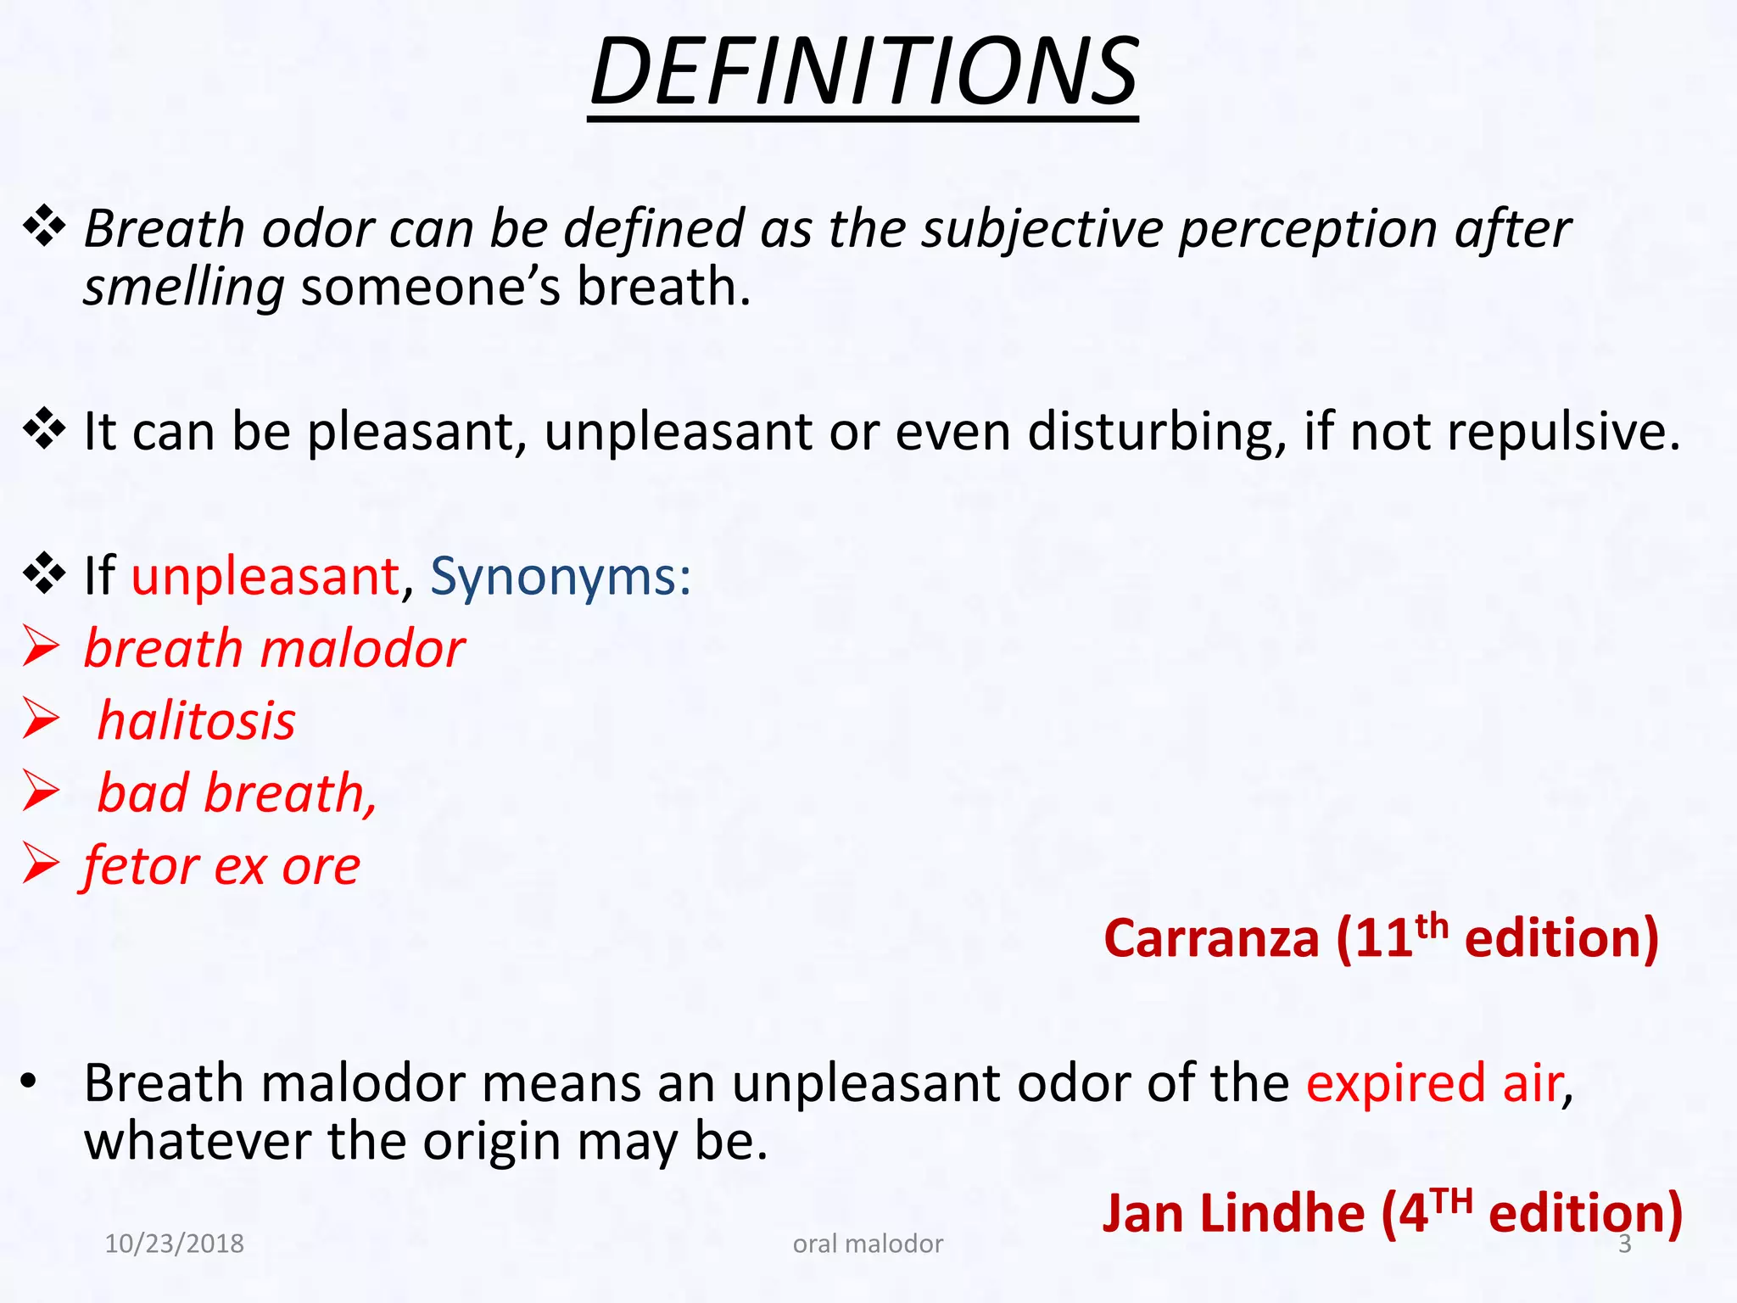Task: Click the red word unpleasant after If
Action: coord(265,577)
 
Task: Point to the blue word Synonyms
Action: coord(560,577)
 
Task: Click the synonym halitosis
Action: coord(197,722)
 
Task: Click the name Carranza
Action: coord(1211,940)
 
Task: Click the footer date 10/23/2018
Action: coord(174,1244)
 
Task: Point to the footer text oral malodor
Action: coord(868,1244)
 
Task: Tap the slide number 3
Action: coord(1625,1244)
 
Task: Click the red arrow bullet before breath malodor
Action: coord(41,648)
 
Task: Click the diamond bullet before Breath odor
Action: coord(44,228)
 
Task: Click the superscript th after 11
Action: coord(1432,925)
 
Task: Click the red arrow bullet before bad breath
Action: coord(41,792)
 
